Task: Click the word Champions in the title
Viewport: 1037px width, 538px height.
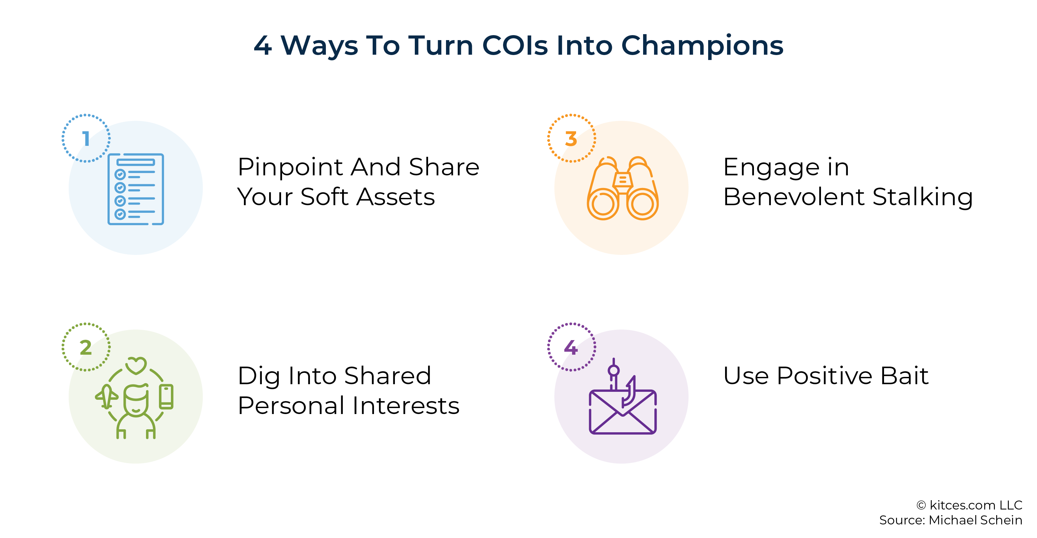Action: (x=702, y=46)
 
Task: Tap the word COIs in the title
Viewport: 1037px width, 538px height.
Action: (x=515, y=45)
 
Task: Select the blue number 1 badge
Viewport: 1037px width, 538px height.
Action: (x=86, y=138)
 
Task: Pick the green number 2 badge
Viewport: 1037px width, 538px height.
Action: (x=86, y=347)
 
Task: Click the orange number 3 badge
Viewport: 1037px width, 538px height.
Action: (x=571, y=138)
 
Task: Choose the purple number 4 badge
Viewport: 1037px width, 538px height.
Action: (x=571, y=347)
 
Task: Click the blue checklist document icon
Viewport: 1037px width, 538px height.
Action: (x=136, y=189)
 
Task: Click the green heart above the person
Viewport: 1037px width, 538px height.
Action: (x=136, y=365)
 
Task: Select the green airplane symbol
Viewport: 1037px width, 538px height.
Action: (x=107, y=396)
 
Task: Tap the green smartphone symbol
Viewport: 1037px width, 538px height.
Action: (x=166, y=396)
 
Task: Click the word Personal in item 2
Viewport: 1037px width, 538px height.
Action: (x=291, y=405)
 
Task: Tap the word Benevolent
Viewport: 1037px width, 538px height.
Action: (x=794, y=197)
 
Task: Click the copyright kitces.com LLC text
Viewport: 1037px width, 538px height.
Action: (x=969, y=505)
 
